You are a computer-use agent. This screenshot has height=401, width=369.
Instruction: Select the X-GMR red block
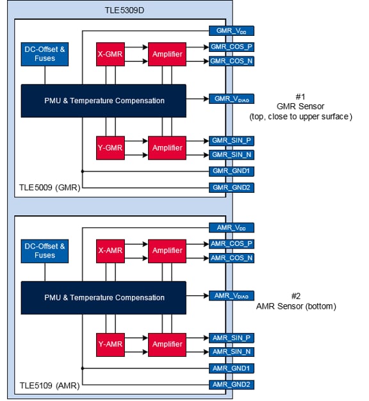(110, 54)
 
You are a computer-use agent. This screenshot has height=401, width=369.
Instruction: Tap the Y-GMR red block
(110, 147)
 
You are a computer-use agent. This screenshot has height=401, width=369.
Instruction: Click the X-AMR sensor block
(110, 250)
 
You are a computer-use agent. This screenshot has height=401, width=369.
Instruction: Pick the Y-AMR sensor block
(110, 344)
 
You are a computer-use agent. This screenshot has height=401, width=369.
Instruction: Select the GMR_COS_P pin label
(231, 47)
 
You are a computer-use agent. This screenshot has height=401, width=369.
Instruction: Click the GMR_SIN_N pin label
(231, 154)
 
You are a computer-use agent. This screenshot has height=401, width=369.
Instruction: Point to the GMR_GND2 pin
(231, 188)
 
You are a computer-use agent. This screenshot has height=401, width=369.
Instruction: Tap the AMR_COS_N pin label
(231, 258)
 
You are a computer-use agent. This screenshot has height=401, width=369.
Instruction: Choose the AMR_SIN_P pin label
(231, 337)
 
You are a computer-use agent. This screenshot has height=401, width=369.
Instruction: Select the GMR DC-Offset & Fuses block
(45, 54)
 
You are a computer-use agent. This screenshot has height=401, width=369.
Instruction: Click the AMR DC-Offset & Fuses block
(45, 250)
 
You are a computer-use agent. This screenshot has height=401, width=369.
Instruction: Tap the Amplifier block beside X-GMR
(167, 54)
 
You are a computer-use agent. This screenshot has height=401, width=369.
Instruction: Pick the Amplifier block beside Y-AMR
(167, 344)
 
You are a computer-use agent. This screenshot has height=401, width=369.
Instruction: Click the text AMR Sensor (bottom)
(295, 306)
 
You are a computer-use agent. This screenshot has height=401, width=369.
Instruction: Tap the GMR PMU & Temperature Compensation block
(103, 101)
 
